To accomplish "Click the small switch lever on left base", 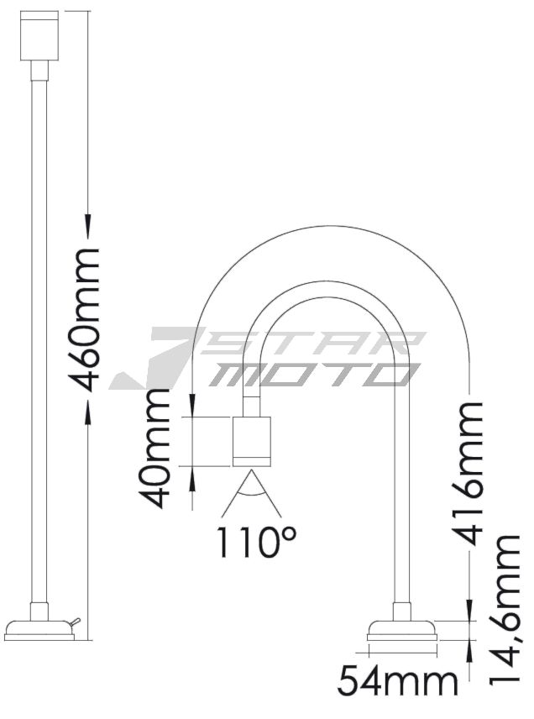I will pyautogui.click(x=75, y=622).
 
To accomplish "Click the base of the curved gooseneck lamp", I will pyautogui.click(x=402, y=634).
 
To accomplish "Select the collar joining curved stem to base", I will pyautogui.click(x=402, y=611).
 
